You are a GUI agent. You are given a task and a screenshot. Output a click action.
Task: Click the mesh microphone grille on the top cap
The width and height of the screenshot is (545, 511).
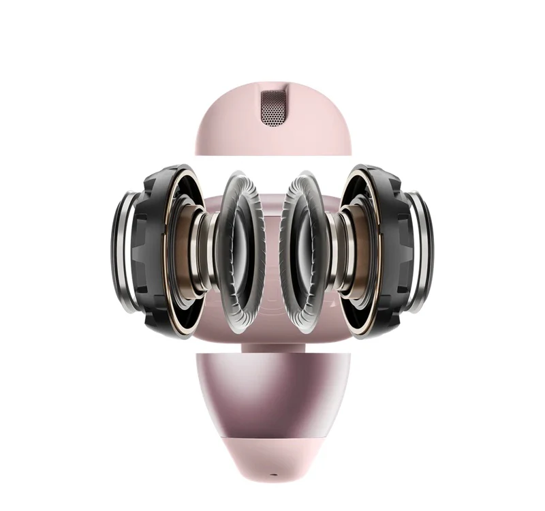(272, 106)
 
